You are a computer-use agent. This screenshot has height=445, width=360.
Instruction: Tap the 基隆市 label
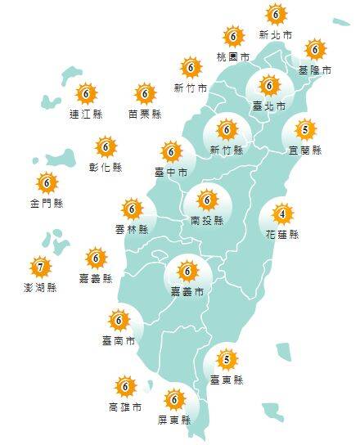click(x=315, y=70)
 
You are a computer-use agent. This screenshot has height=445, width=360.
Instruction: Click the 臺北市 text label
click(x=269, y=106)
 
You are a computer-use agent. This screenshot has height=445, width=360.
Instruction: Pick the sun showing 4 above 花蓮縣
click(x=282, y=215)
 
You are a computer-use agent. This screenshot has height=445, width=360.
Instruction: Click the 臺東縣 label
click(x=227, y=380)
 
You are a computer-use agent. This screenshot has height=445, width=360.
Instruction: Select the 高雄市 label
click(x=124, y=407)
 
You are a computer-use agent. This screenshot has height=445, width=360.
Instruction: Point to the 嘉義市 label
click(x=187, y=291)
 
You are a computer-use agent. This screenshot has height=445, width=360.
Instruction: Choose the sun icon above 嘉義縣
click(x=96, y=259)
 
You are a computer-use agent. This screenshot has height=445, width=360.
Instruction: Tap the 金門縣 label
click(x=47, y=202)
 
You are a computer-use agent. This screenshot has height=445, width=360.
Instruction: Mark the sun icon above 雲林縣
click(x=132, y=209)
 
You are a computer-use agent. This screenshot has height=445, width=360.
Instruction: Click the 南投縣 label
click(x=206, y=220)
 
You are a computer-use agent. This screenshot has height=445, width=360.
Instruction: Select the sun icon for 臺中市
click(x=172, y=151)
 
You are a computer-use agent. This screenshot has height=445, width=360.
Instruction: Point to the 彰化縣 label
click(x=106, y=167)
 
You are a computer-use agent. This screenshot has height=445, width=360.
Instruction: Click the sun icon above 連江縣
click(x=85, y=93)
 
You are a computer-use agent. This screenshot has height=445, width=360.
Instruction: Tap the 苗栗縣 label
click(x=145, y=114)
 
